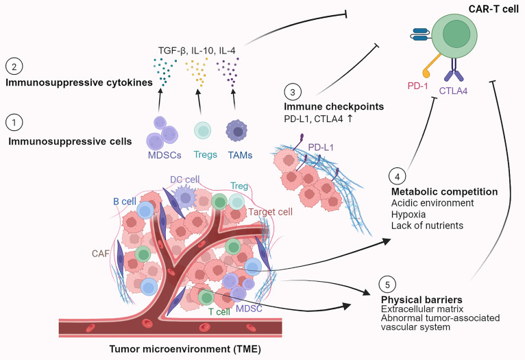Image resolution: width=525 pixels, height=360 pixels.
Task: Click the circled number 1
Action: pos(14,123)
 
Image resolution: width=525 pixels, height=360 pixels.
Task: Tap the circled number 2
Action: pos(14,67)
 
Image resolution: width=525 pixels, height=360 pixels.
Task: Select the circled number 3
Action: pos(293,92)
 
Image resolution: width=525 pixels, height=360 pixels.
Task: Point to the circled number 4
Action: pos(397,176)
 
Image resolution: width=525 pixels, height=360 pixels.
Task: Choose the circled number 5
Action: pos(387,285)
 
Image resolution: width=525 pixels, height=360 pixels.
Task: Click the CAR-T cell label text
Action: pos(493,9)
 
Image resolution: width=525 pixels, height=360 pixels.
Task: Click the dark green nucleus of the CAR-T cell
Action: pos(456,34)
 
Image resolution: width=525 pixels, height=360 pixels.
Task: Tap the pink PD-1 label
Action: pos(417,86)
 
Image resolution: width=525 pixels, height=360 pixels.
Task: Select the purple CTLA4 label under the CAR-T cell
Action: pos(453,91)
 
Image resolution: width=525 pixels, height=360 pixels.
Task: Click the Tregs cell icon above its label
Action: pos(203,130)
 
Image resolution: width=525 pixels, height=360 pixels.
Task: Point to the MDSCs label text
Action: pos(164,155)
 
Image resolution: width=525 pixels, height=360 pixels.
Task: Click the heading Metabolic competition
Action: pos(444,191)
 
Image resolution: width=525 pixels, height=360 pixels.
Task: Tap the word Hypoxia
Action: pos(408,215)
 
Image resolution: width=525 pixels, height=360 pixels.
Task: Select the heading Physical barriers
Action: pos(422,300)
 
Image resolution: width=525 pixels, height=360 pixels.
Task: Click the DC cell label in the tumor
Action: pos(185,180)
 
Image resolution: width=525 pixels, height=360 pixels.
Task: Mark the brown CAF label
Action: pos(101,254)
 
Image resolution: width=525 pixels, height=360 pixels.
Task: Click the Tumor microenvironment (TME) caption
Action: pos(185,349)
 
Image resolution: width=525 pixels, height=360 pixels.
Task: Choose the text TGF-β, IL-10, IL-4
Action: pos(197,51)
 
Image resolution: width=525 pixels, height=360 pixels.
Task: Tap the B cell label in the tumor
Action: pos(125,202)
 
